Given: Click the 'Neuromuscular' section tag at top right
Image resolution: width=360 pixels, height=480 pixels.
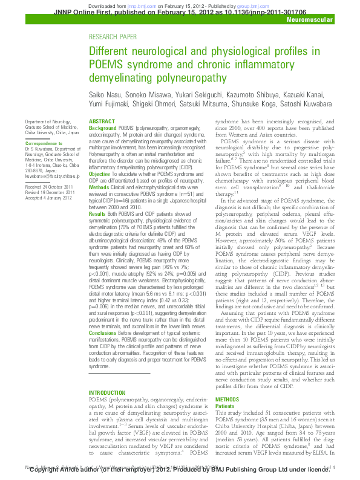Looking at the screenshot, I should [310, 20].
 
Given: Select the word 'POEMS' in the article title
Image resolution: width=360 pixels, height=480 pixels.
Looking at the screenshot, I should [106, 64].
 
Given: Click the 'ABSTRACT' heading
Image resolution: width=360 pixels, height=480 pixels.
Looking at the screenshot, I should [101, 122].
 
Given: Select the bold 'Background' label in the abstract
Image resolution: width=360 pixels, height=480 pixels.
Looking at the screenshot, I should [102, 129].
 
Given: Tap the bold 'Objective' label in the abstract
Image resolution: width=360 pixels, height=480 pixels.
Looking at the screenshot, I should [100, 174].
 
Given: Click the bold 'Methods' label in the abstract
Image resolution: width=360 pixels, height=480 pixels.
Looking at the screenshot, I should [99, 187].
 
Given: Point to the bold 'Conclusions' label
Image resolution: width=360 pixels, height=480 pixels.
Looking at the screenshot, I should [103, 333].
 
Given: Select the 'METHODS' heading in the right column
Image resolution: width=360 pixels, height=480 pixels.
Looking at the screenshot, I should [227, 400].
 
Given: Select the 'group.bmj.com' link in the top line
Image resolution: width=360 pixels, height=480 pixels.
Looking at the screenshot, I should [259, 4].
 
